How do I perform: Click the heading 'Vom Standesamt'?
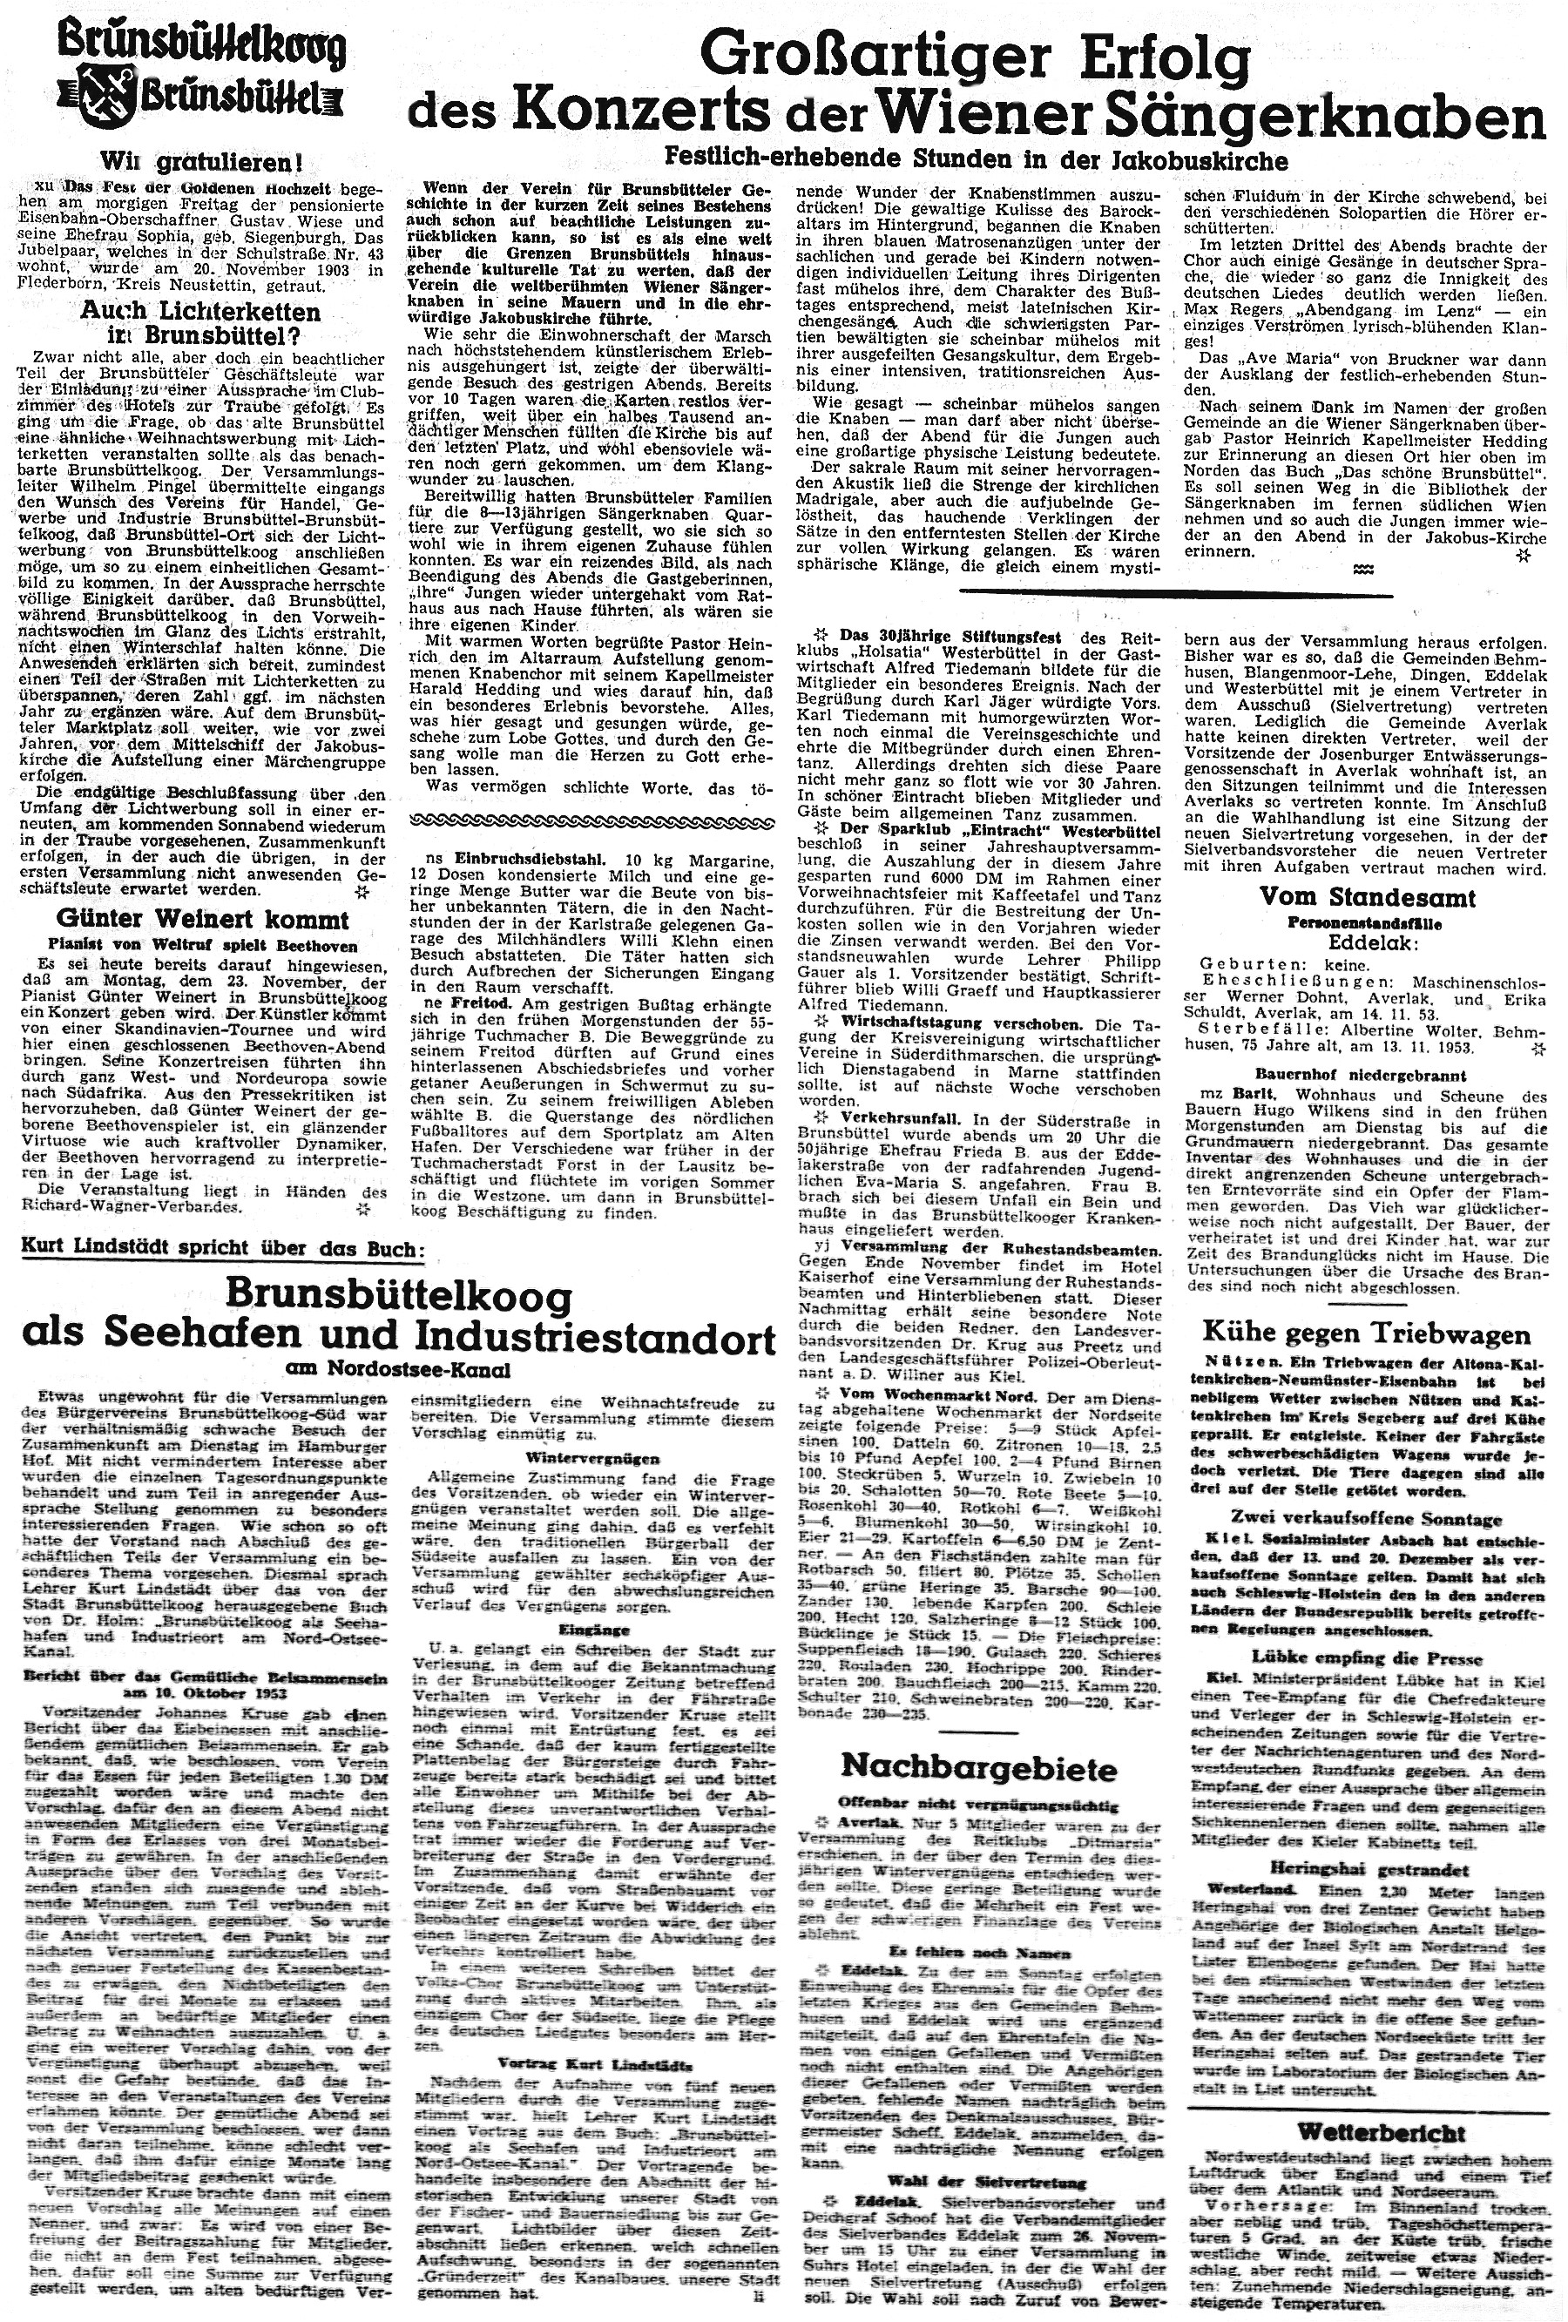click(1366, 896)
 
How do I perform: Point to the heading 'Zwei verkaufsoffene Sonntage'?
click(1366, 1520)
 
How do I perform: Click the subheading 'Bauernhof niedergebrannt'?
click(1366, 1076)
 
